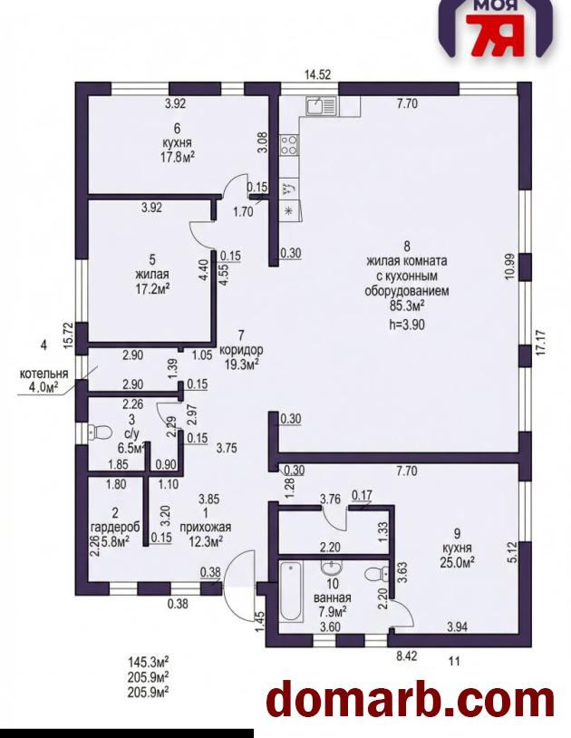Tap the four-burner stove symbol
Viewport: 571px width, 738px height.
[289, 144]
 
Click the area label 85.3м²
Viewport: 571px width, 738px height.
[407, 306]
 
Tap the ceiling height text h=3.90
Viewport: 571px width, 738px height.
[407, 324]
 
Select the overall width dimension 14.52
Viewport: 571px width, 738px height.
[318, 74]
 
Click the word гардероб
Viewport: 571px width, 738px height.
[115, 526]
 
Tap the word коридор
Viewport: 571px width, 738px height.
[241, 350]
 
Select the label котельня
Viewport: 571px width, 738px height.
[44, 374]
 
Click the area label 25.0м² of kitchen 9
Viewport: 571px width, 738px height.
[457, 561]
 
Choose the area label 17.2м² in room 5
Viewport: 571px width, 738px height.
[152, 287]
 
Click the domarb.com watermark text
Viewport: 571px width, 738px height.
[410, 700]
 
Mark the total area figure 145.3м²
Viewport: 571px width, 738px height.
[148, 662]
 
